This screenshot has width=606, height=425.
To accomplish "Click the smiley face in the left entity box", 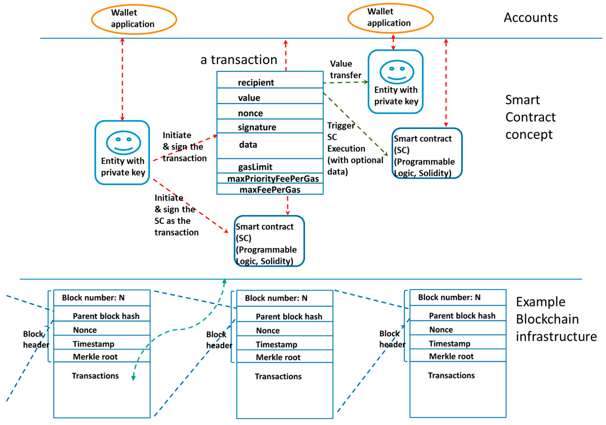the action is click(x=123, y=142).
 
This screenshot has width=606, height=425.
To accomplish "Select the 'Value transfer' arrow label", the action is click(x=346, y=69).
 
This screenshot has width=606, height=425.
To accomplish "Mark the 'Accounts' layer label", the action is click(x=531, y=18).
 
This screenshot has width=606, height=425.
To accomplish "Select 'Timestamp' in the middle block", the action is click(x=276, y=345).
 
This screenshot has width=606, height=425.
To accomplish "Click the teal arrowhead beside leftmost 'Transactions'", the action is click(x=134, y=378).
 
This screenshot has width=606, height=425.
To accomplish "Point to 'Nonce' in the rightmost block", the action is click(x=441, y=330).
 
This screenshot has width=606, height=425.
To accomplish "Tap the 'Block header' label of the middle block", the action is click(x=219, y=340).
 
